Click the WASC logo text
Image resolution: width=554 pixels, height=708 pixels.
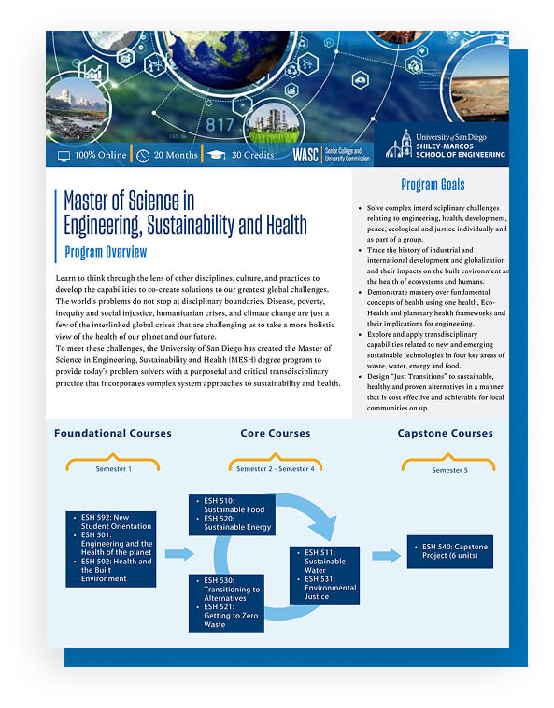(x=305, y=154)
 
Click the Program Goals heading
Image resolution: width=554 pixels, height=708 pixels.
(x=433, y=185)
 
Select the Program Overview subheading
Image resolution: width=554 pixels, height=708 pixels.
(x=106, y=252)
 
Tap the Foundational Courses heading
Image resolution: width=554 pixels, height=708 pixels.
(x=113, y=433)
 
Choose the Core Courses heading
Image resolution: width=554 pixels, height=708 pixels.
(x=276, y=433)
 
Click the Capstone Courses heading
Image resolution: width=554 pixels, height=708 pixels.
(x=447, y=433)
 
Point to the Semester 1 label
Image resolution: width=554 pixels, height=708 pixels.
(x=114, y=469)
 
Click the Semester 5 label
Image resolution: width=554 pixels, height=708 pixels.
(x=447, y=470)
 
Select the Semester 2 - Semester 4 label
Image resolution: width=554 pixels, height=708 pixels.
(x=276, y=469)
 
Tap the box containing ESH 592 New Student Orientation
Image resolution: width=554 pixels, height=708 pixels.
(x=110, y=548)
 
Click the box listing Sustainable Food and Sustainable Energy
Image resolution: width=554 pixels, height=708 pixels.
(x=232, y=514)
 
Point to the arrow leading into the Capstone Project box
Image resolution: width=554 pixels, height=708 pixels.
(x=386, y=556)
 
